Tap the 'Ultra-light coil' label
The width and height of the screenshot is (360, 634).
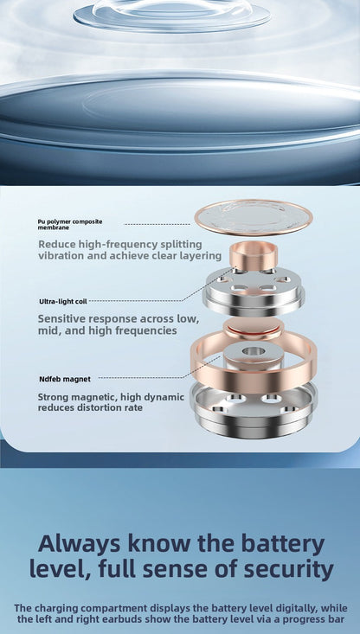click(63, 301)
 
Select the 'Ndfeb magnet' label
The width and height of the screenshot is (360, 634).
click(65, 379)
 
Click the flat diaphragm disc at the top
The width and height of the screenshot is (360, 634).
click(254, 218)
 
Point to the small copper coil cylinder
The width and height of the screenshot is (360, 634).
click(253, 255)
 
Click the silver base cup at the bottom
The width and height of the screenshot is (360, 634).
click(254, 410)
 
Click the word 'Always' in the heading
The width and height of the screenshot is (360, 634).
click(80, 544)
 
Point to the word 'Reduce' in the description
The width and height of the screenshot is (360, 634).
click(57, 244)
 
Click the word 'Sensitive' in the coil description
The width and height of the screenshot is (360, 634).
click(61, 318)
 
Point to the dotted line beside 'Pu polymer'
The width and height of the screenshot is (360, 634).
click(157, 224)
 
